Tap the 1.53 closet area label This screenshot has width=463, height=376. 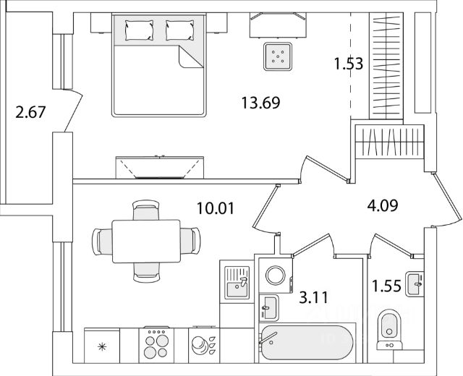(348, 63)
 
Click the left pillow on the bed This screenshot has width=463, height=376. (137, 30)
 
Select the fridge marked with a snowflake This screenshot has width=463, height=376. (101, 348)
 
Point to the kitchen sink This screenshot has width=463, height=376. (236, 282)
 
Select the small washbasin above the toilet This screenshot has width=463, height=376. (415, 282)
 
